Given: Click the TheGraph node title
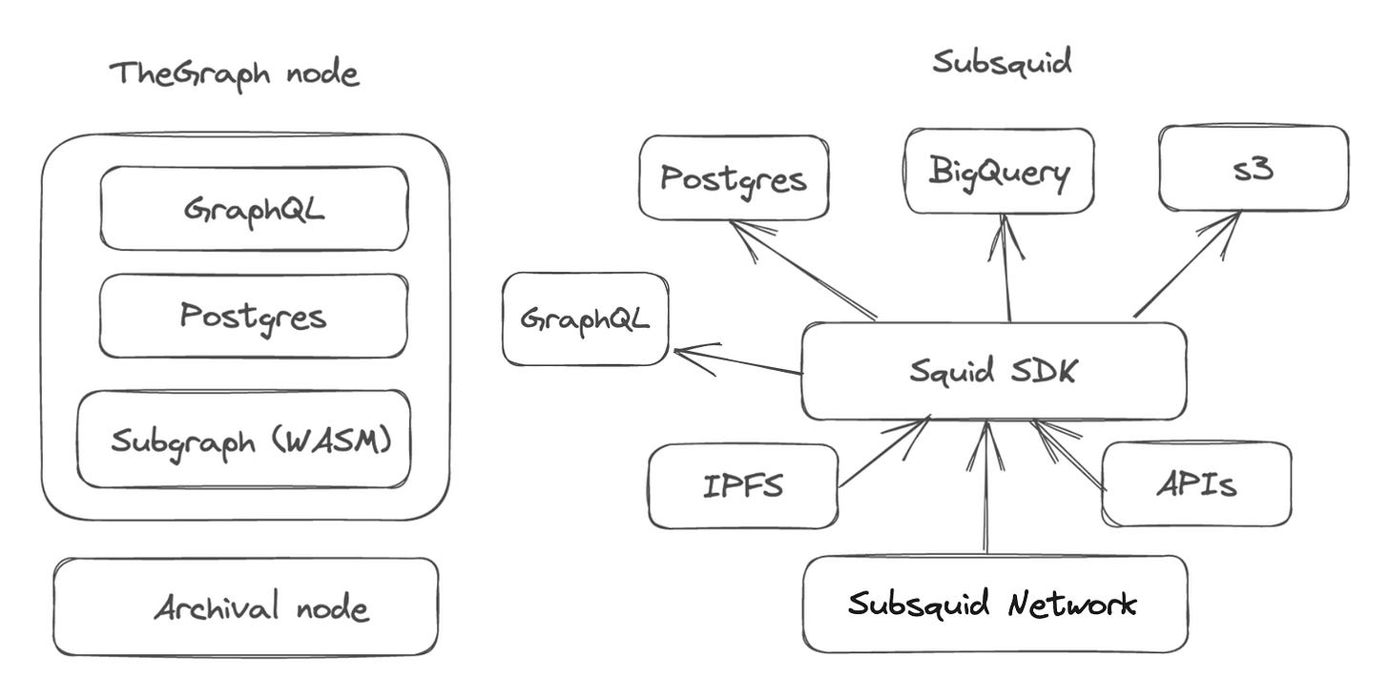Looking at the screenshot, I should point(235,74).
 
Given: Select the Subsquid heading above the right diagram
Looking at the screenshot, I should point(1002,63).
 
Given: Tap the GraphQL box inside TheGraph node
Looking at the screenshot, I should point(254,208).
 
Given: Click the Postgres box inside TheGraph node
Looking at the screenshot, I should point(254,316).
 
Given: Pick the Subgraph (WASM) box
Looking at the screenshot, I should point(244,440).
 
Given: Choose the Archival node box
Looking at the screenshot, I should point(246,607).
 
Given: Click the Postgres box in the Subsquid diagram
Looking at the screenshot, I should point(733,178).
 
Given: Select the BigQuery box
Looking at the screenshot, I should point(999,172).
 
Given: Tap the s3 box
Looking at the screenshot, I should point(1254,169).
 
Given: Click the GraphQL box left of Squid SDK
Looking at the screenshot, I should point(586,318).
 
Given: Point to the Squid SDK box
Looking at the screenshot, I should point(993,371).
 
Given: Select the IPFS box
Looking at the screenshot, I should point(742,485).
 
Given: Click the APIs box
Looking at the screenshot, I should point(1196,483).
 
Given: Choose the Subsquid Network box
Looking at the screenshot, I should point(994,604).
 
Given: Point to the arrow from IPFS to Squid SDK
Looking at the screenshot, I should point(883,453).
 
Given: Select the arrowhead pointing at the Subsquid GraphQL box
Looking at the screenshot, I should point(691,355).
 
